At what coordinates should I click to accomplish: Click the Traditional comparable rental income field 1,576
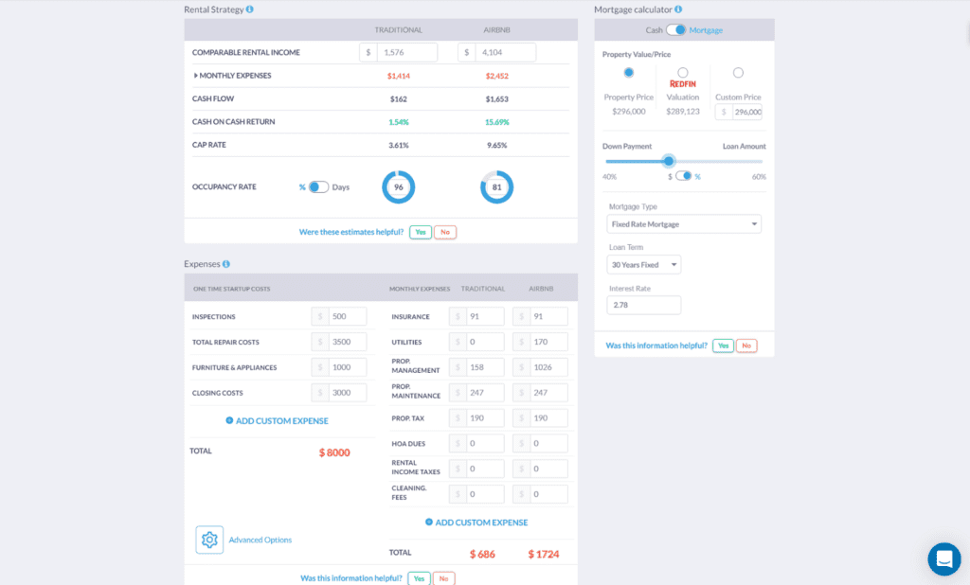(406, 53)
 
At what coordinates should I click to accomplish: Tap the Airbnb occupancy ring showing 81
(497, 187)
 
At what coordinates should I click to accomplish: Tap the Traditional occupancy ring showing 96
(399, 187)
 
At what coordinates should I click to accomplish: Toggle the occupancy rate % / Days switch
(318, 187)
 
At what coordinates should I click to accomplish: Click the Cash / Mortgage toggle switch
(676, 30)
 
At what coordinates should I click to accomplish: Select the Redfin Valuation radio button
(683, 73)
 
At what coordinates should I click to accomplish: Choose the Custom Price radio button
(738, 73)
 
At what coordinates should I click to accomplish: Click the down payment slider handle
(669, 161)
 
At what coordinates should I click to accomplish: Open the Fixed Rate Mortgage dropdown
(684, 224)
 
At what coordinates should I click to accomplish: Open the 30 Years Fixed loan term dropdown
(644, 265)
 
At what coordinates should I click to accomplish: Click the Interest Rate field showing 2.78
(644, 306)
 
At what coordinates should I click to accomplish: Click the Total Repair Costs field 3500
(347, 342)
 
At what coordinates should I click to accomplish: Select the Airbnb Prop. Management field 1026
(548, 367)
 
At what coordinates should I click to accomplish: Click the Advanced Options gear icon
(209, 540)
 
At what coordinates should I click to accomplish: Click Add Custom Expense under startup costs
(277, 420)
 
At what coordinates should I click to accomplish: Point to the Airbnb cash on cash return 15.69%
(496, 122)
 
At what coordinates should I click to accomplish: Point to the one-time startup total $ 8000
(334, 452)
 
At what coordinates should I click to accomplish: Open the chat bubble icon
(943, 558)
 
